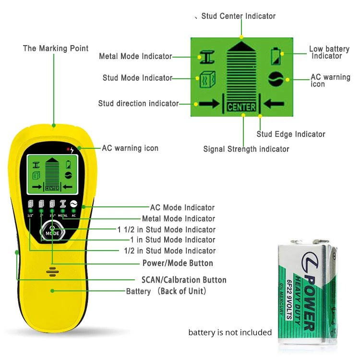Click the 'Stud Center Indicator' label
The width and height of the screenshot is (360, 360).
(x=238, y=16)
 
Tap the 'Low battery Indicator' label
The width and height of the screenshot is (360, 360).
(x=329, y=52)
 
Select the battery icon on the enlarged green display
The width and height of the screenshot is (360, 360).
(x=276, y=56)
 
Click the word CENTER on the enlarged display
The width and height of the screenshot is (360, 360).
(x=241, y=107)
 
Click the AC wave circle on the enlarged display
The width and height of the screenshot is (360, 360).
(x=276, y=78)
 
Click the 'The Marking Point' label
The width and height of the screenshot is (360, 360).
(x=56, y=48)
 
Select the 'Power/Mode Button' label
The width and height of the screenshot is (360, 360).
(x=178, y=263)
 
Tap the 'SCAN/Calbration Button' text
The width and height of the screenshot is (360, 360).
(x=184, y=280)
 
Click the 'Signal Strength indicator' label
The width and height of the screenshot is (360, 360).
(x=246, y=149)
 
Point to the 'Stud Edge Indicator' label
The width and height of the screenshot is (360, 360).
(x=291, y=134)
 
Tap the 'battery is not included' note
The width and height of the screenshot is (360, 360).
(x=230, y=333)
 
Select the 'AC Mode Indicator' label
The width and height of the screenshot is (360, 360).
(x=182, y=208)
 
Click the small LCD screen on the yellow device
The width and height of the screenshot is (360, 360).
(x=52, y=173)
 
